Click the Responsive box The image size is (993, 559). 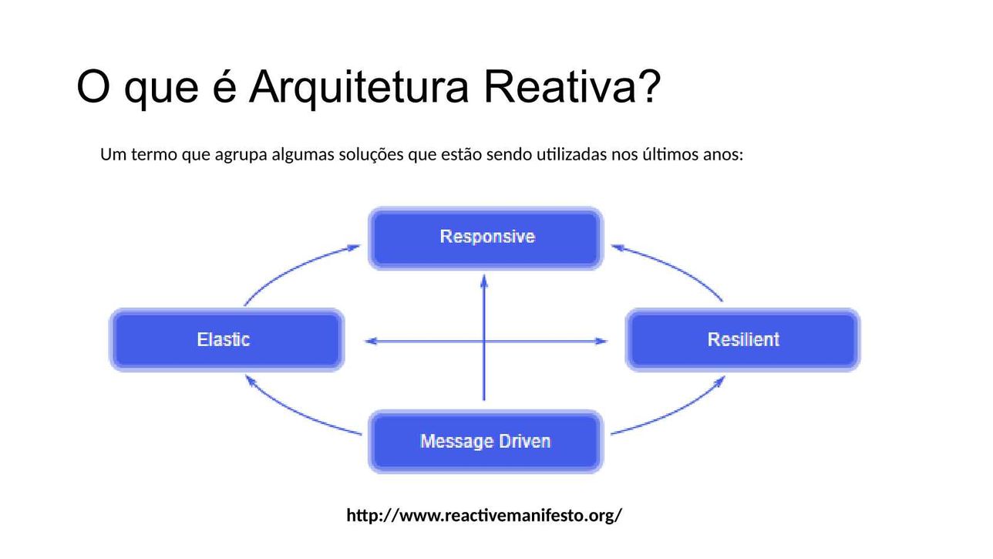pyautogui.click(x=486, y=238)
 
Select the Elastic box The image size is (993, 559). pyautogui.click(x=227, y=339)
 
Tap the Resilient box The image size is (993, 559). pyautogui.click(x=742, y=339)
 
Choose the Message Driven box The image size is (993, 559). pyautogui.click(x=486, y=442)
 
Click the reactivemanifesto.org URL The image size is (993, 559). pyautogui.click(x=484, y=515)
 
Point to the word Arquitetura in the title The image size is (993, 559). pyautogui.click(x=358, y=87)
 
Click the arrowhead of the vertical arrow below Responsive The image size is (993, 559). pyautogui.click(x=484, y=280)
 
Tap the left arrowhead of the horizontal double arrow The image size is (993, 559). pyautogui.click(x=371, y=341)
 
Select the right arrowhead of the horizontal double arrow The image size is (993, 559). pyautogui.click(x=601, y=341)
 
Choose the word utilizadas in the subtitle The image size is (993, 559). pyautogui.click(x=571, y=154)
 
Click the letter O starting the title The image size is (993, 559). pyautogui.click(x=93, y=86)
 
